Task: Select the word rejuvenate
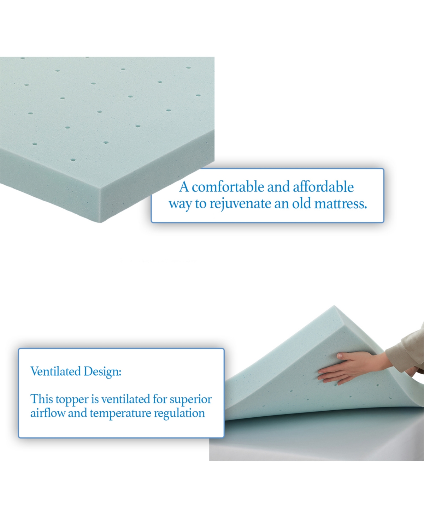coord(241,204)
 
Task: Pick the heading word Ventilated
coord(55,371)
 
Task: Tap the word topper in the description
coord(72,399)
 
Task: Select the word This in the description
coord(42,399)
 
